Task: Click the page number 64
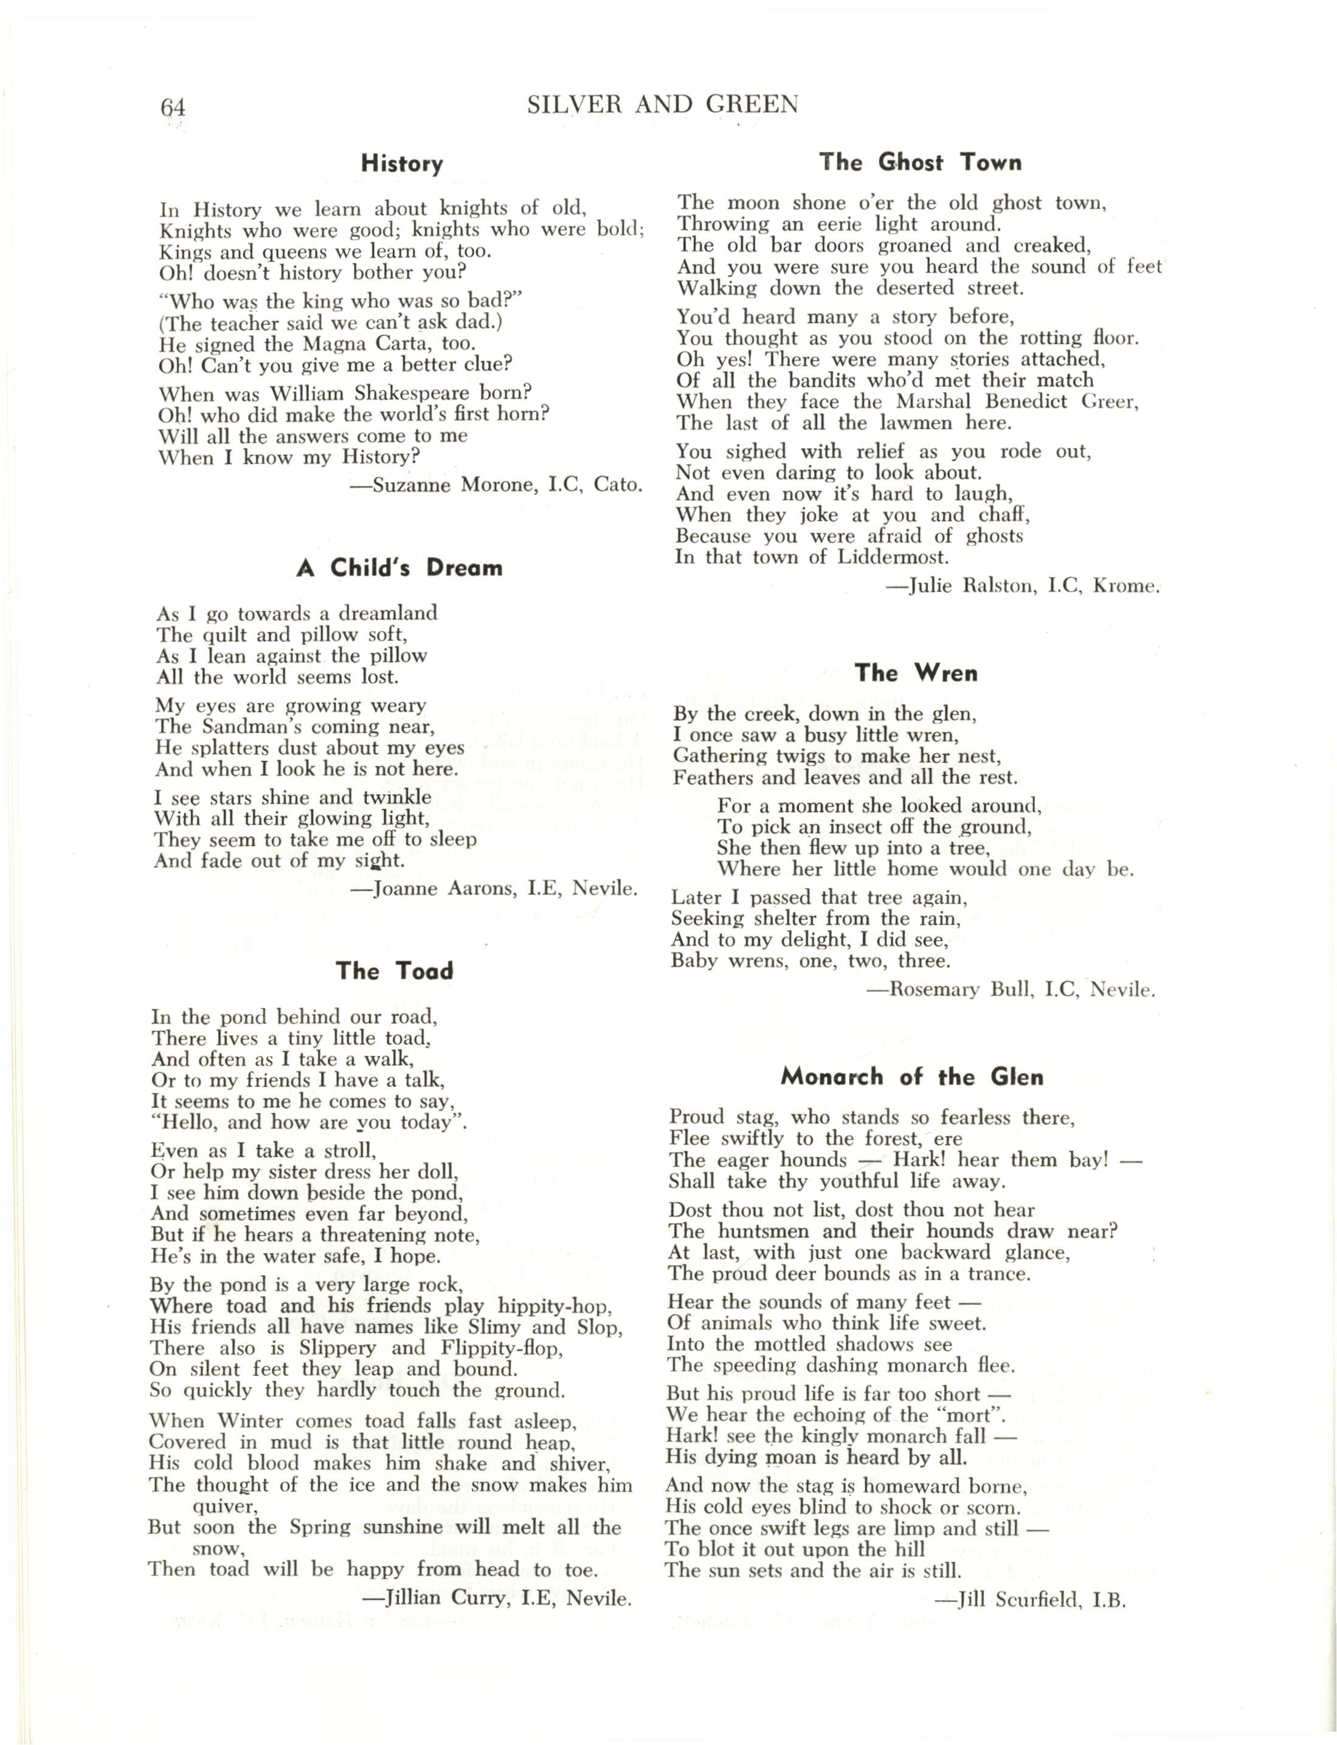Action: coord(173,106)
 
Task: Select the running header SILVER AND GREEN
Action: coord(662,104)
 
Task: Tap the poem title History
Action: coord(402,164)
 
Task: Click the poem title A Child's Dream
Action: coord(399,567)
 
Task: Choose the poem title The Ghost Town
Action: coord(921,162)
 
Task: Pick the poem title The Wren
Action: coord(916,673)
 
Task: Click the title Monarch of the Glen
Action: coord(912,1077)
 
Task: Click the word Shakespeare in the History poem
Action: coord(402,394)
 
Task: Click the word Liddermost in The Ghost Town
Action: coord(893,557)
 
